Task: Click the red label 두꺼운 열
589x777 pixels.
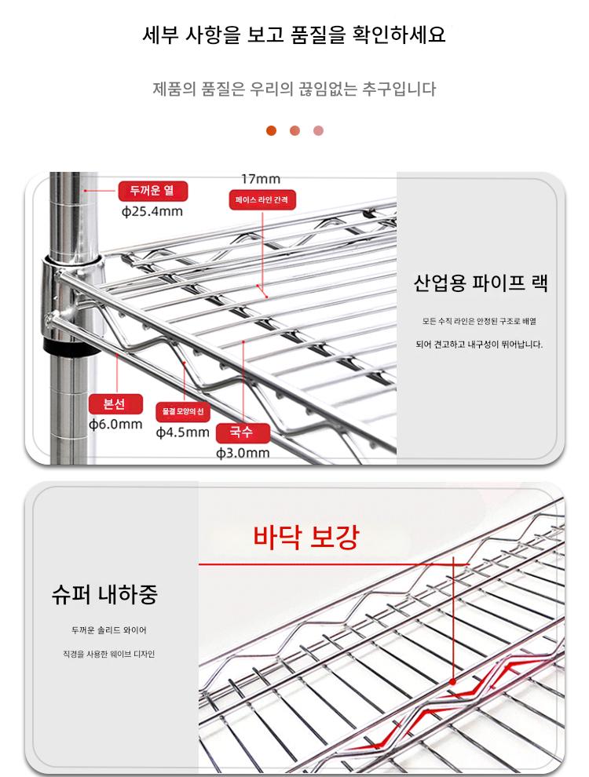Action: pos(152,191)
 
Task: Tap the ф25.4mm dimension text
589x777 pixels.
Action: pos(152,212)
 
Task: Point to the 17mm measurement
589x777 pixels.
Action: pos(261,179)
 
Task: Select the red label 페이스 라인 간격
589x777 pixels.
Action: pos(262,200)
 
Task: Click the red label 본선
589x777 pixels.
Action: pos(115,404)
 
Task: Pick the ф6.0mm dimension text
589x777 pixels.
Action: pos(115,425)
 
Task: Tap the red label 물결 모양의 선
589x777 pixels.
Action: pos(183,411)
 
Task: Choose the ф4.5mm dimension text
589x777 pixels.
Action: pos(182,432)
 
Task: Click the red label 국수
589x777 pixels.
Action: pos(243,432)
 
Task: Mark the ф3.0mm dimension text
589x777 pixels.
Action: pos(243,453)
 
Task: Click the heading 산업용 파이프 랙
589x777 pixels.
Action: pos(481,283)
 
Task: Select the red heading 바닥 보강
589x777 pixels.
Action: pos(305,537)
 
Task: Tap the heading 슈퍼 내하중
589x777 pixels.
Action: pos(104,593)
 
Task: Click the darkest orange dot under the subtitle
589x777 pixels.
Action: pos(271,131)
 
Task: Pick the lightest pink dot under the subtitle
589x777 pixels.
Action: pos(318,131)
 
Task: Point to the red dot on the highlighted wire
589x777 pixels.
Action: pos(452,682)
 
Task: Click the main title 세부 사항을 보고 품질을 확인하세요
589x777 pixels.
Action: pos(294,35)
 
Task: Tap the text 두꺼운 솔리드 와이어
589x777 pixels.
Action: pos(109,630)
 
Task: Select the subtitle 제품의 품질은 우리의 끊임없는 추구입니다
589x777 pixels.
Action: pos(294,89)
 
